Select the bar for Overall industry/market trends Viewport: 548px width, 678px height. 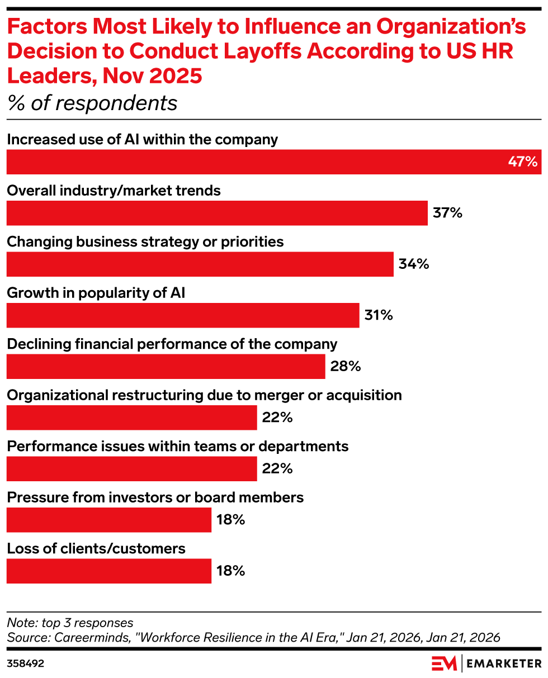[217, 213]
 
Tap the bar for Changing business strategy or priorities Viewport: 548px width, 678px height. [200, 264]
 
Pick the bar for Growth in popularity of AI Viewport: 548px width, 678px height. [183, 315]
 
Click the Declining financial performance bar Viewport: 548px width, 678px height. [166, 366]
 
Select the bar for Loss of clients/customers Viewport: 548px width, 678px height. [109, 571]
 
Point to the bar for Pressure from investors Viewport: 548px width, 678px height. [109, 520]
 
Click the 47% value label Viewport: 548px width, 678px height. [522, 162]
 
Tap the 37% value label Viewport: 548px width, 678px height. [447, 213]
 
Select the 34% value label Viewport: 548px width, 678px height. [414, 264]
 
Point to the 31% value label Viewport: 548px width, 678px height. [379, 315]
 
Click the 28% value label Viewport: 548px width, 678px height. [345, 366]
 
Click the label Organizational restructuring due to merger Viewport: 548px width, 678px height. [204, 395]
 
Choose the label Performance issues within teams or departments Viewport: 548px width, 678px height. [178, 446]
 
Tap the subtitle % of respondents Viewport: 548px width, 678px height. [92, 103]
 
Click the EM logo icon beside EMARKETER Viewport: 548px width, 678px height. [444, 663]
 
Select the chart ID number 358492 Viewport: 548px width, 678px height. [26, 663]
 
